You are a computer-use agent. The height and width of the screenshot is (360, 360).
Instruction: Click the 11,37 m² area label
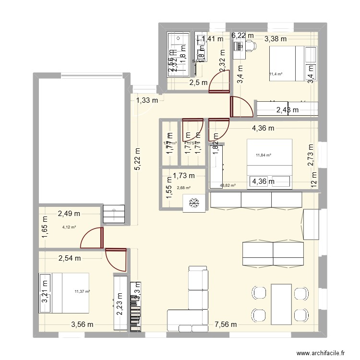pyautogui.click(x=83, y=291)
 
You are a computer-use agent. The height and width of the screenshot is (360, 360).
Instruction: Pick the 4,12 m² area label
pyautogui.click(x=70, y=227)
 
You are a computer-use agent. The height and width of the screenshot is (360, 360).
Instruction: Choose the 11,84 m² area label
pyautogui.click(x=264, y=155)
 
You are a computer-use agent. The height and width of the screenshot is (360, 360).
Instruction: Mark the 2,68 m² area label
pyautogui.click(x=184, y=188)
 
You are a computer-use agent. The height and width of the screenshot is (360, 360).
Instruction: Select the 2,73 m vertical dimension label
pyautogui.click(x=311, y=155)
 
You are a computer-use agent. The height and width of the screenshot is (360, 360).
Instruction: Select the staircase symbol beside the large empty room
pyautogui.click(x=114, y=212)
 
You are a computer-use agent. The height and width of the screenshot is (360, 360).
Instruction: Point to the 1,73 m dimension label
pyautogui.click(x=184, y=175)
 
